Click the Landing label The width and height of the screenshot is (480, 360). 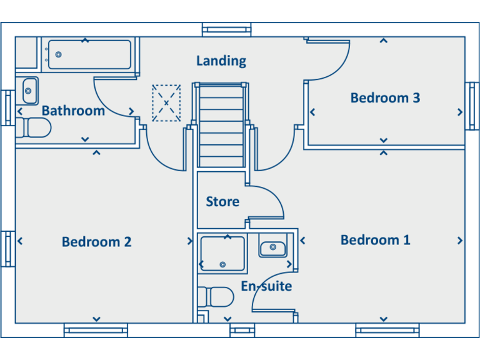(221, 61)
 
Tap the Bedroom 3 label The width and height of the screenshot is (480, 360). (385, 97)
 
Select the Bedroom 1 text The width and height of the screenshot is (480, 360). (375, 240)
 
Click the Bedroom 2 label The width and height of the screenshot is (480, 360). (96, 242)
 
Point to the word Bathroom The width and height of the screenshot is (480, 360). (73, 111)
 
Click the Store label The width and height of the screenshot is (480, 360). (222, 202)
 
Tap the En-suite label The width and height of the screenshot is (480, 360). (266, 287)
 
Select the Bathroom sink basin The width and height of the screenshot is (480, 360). (29, 91)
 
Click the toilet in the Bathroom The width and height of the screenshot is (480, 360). (34, 128)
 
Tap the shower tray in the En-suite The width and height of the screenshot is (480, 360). (222, 254)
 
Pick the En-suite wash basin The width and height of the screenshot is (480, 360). (272, 247)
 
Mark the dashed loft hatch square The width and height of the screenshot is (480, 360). (166, 103)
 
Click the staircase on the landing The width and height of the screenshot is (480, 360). (221, 125)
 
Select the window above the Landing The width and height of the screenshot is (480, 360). (227, 29)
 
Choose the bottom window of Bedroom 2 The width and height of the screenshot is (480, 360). (96, 329)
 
